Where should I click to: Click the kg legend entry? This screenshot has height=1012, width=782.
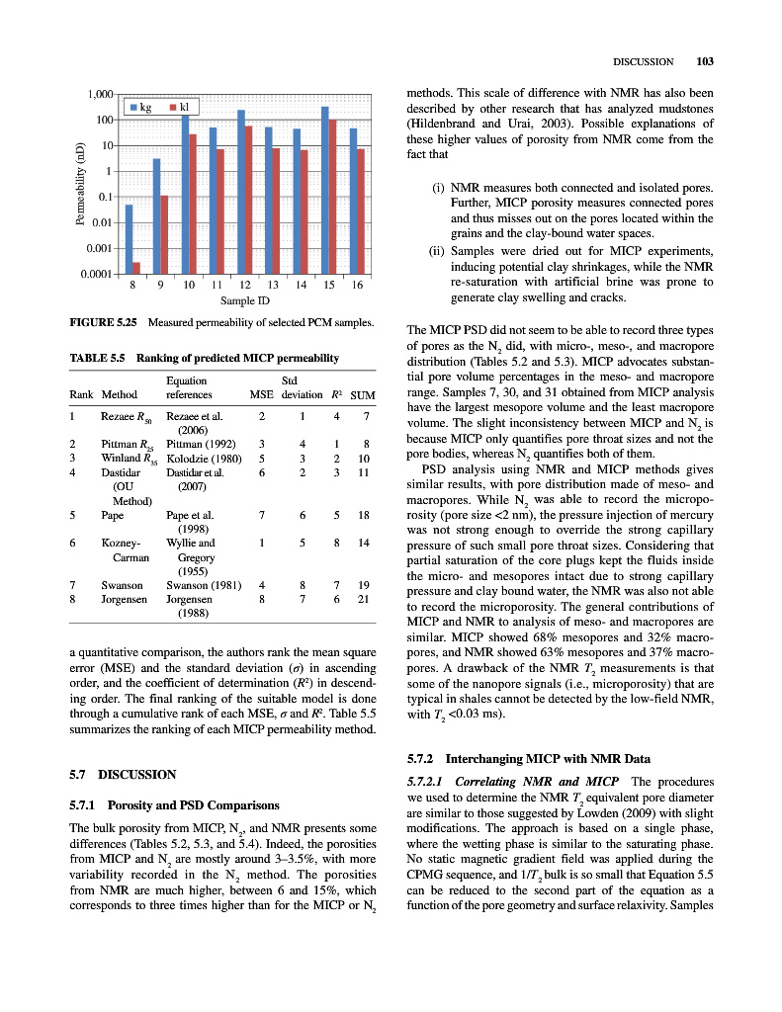click(140, 107)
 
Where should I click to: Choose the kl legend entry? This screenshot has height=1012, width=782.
click(178, 107)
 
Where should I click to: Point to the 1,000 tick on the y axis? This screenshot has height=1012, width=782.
click(98, 95)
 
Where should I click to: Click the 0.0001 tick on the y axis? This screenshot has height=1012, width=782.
click(96, 274)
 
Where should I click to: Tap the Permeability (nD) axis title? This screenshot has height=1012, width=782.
click(80, 185)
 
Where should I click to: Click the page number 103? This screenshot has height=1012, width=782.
click(704, 61)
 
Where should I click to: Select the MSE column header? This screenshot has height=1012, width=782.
click(261, 394)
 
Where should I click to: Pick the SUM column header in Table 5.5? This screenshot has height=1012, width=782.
click(363, 394)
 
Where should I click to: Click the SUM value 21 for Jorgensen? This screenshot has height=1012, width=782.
click(364, 599)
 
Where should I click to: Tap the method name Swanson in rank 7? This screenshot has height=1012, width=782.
click(123, 585)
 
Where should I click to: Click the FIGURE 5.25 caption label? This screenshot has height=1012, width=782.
click(103, 323)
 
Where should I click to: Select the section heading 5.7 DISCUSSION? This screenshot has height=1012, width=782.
click(123, 775)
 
